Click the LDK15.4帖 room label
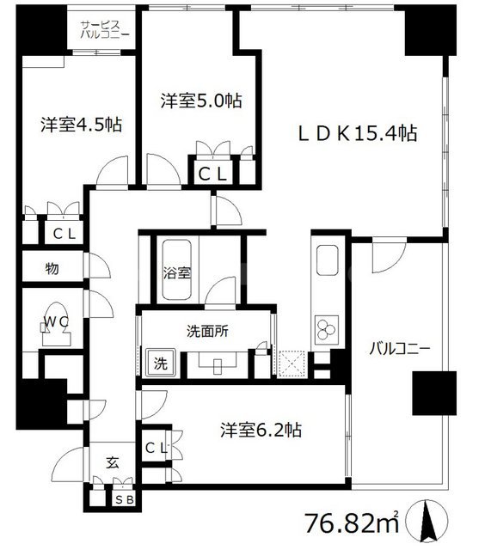(x=357, y=133)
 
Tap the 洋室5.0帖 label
(x=200, y=101)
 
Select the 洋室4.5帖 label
(x=81, y=125)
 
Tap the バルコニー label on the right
(x=399, y=349)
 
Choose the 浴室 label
(x=178, y=272)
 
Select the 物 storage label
(x=52, y=269)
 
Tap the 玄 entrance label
(x=113, y=461)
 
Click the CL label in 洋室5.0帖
(x=213, y=174)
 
